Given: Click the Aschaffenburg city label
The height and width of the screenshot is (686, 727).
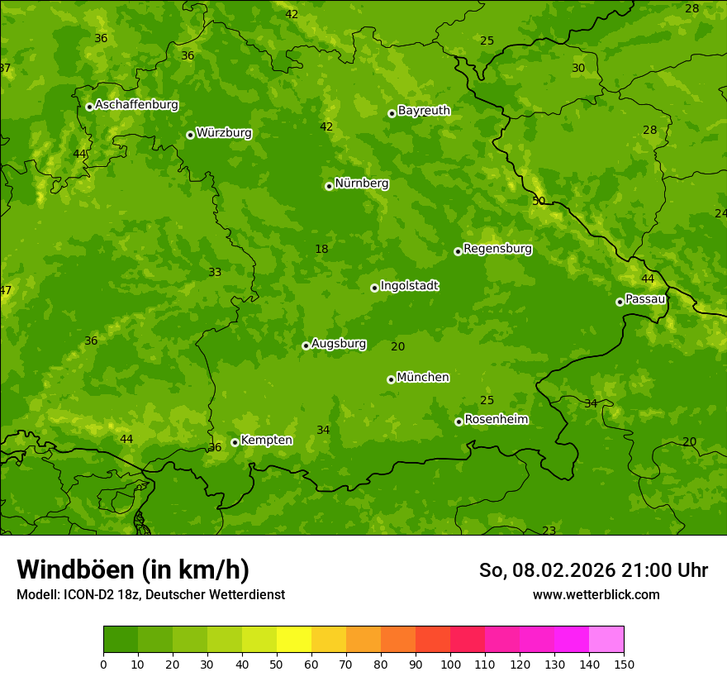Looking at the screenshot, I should point(136,105).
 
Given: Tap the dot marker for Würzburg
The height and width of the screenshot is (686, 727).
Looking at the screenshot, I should point(190,135).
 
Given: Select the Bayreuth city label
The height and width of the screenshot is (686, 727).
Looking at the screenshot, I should point(424,110).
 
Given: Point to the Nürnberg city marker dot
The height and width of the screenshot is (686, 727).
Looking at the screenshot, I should point(329,186).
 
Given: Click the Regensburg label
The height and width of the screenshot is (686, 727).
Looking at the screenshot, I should point(497,248).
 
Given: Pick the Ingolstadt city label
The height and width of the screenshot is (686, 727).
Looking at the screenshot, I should point(409,285).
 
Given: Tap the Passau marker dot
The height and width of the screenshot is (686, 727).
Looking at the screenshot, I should point(620,302).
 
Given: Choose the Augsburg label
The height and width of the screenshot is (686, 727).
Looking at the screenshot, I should point(339,343).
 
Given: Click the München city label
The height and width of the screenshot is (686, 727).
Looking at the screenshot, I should point(423,377).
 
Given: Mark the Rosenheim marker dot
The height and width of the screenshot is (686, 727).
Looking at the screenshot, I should point(459,422).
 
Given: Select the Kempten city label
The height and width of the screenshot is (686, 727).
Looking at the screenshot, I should point(266,440).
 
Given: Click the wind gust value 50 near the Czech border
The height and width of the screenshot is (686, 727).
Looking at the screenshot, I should point(539,201).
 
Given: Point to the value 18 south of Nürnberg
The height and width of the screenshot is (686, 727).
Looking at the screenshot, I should point(321,249).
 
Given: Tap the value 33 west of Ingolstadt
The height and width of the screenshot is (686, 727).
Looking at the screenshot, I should point(215,272).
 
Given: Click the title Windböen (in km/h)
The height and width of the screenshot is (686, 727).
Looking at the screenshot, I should point(132,569).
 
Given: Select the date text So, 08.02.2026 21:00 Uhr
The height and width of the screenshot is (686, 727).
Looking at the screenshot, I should point(593,570).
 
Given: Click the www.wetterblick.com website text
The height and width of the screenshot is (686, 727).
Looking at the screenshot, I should point(596,594).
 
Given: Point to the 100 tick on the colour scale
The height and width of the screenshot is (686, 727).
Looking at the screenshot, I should point(450,664).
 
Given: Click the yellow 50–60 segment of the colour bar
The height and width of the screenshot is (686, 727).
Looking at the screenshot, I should point(294,640).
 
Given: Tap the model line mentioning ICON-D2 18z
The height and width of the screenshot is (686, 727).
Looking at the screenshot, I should point(150,594).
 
